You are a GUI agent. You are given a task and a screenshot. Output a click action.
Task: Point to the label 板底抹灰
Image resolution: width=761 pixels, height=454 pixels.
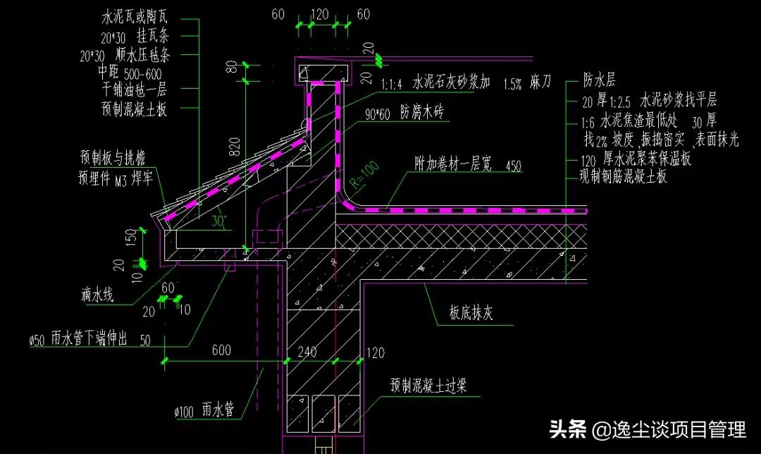pyautogui.click(x=471, y=313)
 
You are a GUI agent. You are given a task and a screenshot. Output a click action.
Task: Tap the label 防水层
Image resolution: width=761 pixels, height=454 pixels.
pyautogui.click(x=600, y=78)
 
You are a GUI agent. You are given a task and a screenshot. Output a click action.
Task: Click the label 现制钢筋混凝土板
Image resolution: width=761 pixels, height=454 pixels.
pyautogui.click(x=624, y=176)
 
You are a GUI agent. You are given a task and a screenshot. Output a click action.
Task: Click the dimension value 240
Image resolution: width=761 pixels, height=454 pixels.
pyautogui.click(x=307, y=351)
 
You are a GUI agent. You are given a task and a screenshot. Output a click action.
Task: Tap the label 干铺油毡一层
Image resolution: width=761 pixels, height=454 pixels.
pyautogui.click(x=135, y=90)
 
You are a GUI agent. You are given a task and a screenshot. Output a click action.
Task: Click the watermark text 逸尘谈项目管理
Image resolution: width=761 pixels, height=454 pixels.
pyautogui.click(x=669, y=429)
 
